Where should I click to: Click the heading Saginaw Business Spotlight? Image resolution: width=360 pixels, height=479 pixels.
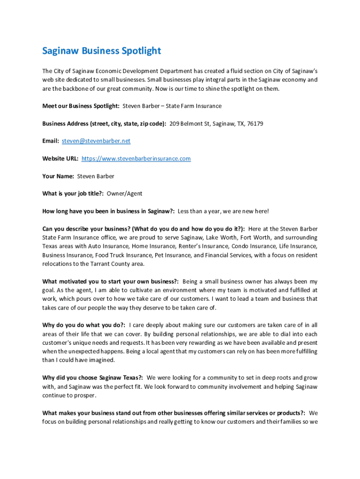(x=101, y=51)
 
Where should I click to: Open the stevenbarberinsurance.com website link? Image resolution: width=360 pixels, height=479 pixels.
(x=136, y=159)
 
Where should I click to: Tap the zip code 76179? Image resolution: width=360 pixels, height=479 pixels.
(x=255, y=124)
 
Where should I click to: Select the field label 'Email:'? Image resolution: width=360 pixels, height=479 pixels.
(x=50, y=141)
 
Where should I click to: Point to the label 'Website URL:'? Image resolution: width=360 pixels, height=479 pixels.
(x=60, y=159)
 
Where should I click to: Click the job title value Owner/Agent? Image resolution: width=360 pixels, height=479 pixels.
(x=124, y=194)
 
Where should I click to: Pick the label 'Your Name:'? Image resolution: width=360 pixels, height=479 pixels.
(x=58, y=176)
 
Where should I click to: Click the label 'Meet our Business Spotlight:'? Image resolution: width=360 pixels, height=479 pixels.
(x=81, y=106)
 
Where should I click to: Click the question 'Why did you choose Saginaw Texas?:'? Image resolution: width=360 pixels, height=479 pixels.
(x=93, y=377)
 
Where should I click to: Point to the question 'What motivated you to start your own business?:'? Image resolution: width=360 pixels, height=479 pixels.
(x=110, y=282)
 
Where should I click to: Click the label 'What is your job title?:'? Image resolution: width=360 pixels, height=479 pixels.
(x=73, y=194)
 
